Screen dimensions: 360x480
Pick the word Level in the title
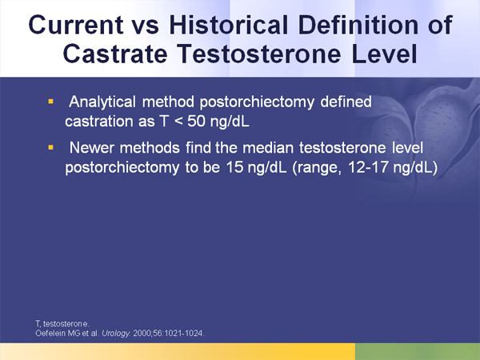click(387, 56)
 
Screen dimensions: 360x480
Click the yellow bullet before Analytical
click(51, 102)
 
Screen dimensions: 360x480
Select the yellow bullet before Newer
click(51, 148)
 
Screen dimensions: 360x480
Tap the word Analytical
click(107, 103)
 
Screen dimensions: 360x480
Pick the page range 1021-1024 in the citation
click(185, 332)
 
